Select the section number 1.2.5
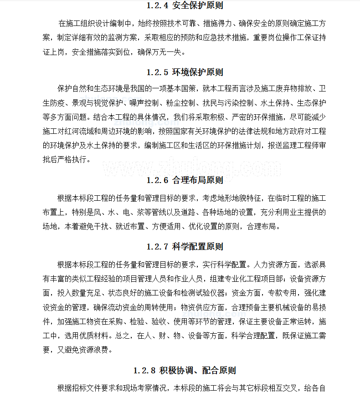(x=158, y=72)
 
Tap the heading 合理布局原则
(x=198, y=180)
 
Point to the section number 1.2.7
(x=158, y=247)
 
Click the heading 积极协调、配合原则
(x=198, y=371)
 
